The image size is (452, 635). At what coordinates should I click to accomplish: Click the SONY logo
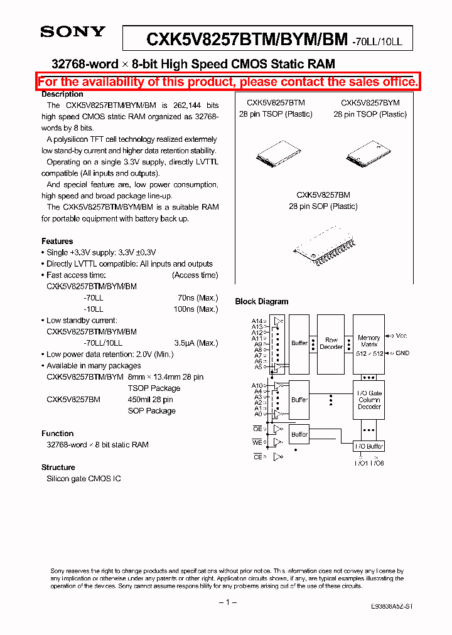click(72, 31)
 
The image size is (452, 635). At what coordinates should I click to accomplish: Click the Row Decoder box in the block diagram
click(331, 343)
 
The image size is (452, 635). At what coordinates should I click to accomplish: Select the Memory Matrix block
click(369, 344)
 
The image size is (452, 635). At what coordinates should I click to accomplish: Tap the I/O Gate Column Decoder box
click(369, 400)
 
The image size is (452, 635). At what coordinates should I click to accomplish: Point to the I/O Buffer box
click(369, 446)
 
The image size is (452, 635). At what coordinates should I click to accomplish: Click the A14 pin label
click(257, 321)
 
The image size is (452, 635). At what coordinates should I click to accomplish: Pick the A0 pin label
click(258, 414)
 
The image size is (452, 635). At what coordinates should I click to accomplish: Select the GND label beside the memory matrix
click(402, 353)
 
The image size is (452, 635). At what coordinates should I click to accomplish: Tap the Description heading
click(62, 94)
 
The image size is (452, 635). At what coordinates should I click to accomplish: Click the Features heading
click(57, 241)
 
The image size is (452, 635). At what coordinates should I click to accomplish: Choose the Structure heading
click(58, 467)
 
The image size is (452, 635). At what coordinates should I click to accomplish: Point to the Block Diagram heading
click(262, 301)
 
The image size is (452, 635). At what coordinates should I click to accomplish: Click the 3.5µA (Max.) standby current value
click(196, 343)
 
